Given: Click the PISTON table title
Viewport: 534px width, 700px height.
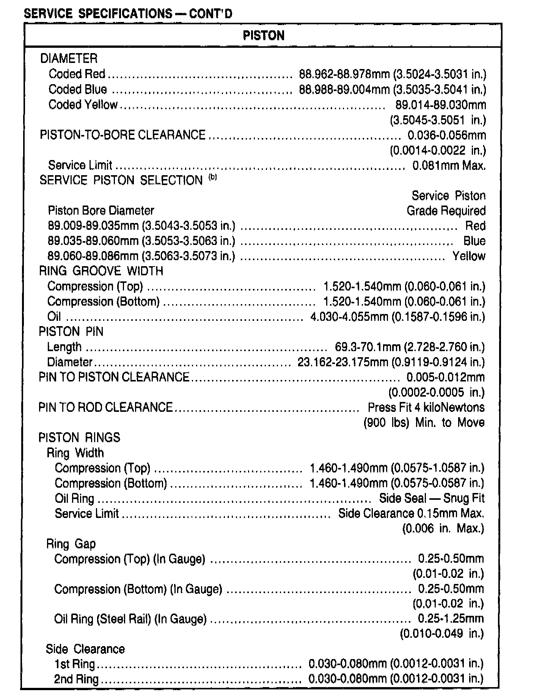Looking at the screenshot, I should (x=263, y=36).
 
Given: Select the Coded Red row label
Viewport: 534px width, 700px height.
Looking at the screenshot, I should (x=77, y=74).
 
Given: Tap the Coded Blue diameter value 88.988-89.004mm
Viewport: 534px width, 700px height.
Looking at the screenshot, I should (x=344, y=89).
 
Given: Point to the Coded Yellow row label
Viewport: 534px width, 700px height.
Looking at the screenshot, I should (x=83, y=105).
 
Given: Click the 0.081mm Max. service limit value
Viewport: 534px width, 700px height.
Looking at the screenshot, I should (x=449, y=166).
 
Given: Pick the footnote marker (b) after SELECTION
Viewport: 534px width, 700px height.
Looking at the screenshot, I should (x=213, y=177).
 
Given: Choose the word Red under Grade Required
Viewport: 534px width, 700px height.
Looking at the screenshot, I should (x=475, y=226).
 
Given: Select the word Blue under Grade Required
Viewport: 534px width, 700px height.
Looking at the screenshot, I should (x=474, y=241).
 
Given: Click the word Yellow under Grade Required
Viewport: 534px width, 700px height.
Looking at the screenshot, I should (x=469, y=256).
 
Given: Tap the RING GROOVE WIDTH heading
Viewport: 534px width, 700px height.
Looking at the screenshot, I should (x=101, y=271).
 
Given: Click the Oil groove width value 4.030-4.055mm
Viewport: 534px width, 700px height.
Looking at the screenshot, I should (x=349, y=317).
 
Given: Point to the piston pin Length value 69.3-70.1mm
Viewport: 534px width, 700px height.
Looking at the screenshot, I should (x=368, y=347).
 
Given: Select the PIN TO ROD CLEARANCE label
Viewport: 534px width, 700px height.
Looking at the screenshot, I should (x=105, y=407).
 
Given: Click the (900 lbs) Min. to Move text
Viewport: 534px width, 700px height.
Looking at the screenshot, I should (x=424, y=422).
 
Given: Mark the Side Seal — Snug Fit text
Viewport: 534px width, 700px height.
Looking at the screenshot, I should (x=432, y=498).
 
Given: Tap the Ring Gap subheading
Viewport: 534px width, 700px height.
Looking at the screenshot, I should (x=71, y=544).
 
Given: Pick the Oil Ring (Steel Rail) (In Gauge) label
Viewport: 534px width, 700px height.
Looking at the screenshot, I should (x=130, y=619).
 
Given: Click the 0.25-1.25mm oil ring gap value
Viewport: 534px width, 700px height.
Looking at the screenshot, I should (x=451, y=619).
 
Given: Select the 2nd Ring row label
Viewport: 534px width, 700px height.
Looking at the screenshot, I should (x=76, y=679).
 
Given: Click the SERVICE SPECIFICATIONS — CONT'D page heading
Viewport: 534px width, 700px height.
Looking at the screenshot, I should (x=128, y=14).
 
